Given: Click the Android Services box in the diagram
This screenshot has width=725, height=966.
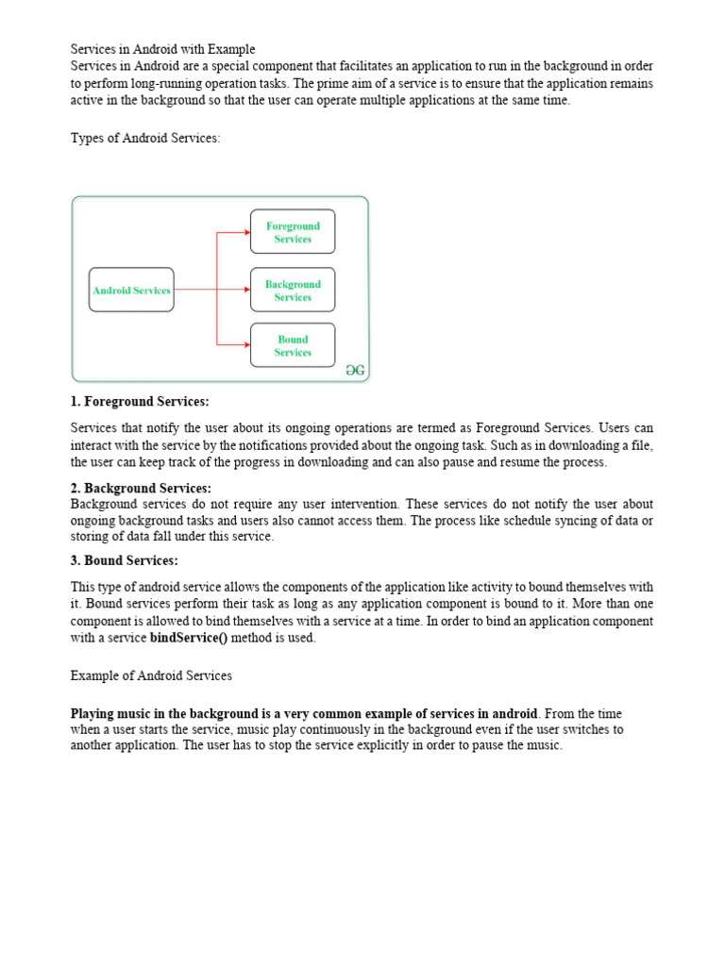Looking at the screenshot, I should (131, 290).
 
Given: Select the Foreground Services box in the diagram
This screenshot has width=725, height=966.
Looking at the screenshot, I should (293, 232).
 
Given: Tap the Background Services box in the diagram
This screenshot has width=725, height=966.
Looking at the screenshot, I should (293, 290).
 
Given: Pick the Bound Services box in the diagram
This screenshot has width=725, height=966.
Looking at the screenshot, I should (293, 345).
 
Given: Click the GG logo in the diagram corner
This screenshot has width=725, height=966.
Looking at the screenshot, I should (355, 371).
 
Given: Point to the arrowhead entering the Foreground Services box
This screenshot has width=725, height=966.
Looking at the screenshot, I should (246, 232).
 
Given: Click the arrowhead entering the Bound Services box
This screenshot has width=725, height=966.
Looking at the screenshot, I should (246, 345).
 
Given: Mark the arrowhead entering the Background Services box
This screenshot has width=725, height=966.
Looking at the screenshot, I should (246, 290).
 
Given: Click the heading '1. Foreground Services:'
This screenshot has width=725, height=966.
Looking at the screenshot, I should (140, 402).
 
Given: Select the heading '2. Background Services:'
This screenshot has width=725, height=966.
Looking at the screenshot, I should (141, 488).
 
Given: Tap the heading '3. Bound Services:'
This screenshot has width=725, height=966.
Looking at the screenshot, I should (124, 560).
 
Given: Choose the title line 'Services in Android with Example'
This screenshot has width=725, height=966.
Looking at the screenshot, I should (163, 49).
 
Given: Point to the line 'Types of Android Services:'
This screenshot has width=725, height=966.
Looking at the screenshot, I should (145, 138).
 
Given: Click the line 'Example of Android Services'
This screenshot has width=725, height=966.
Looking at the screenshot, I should (151, 675).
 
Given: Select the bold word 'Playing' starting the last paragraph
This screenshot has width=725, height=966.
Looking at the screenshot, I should (93, 712).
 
